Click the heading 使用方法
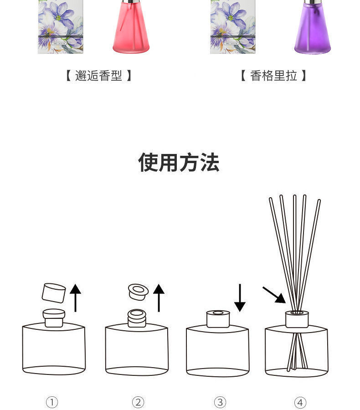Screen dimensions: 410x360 (179, 163)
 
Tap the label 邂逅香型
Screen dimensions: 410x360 (98, 76)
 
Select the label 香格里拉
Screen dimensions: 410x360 (273, 76)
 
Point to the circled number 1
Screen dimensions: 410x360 (52, 402)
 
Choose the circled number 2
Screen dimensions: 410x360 (138, 402)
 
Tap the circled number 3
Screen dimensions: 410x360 (220, 402)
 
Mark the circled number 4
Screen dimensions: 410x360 (300, 402)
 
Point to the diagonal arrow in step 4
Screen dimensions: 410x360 (274, 295)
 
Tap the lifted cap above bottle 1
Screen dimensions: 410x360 (54, 293)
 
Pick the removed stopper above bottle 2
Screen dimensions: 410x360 (138, 292)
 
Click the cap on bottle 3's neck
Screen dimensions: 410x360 (218, 319)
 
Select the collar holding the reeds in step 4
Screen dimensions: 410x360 (297, 319)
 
